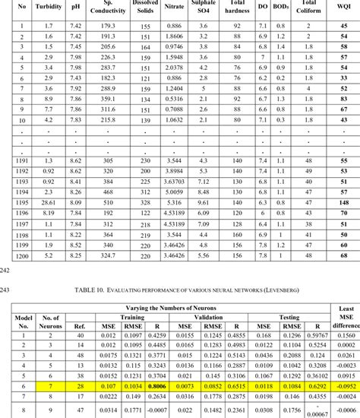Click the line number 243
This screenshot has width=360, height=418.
[x=6, y=289]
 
